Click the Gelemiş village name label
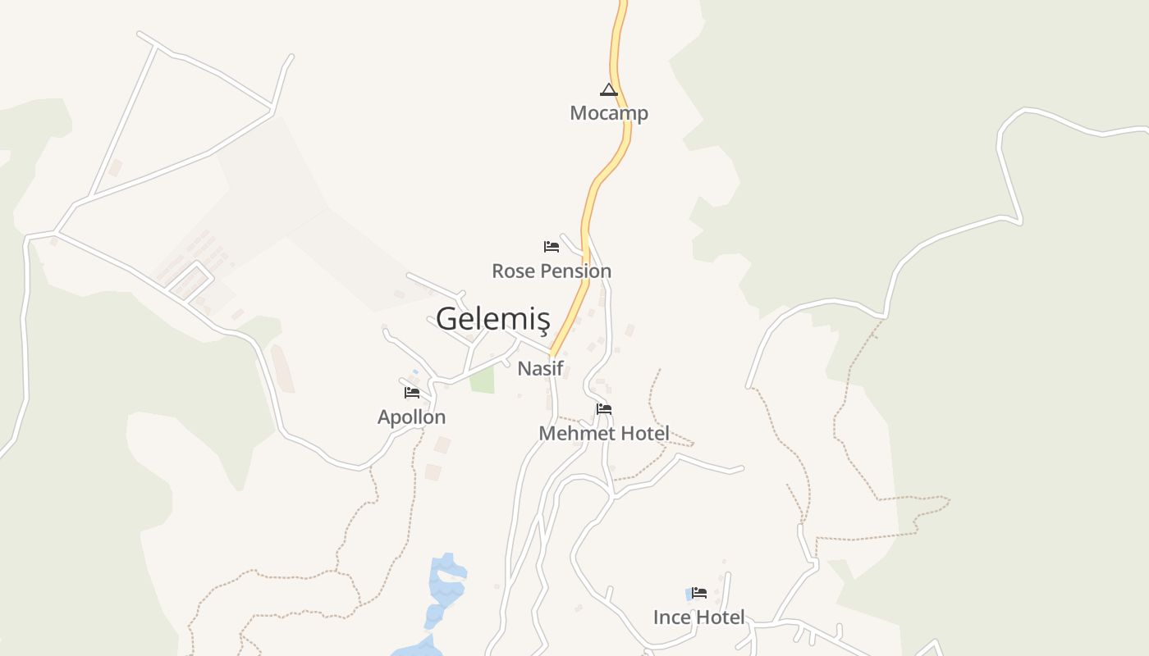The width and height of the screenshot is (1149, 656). click(492, 318)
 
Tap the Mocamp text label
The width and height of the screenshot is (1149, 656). click(609, 113)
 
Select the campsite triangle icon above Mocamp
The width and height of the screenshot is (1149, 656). click(608, 89)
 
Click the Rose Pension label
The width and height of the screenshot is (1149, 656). click(552, 271)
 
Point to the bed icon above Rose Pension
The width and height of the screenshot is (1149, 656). click(552, 246)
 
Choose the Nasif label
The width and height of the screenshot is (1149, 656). click(540, 369)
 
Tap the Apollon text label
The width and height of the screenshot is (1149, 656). click(411, 417)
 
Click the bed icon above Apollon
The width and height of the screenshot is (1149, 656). click(412, 393)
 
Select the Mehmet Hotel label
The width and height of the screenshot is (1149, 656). click(604, 433)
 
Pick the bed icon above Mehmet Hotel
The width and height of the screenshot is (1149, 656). click(604, 408)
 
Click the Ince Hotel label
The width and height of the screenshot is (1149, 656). click(699, 617)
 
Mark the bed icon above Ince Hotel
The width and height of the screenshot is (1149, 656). click(699, 592)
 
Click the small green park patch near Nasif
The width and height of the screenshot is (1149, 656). click(483, 380)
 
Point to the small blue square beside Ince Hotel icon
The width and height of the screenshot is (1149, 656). click(689, 594)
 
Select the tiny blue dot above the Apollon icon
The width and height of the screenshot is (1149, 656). click(415, 372)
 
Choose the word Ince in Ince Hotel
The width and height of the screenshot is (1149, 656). click(671, 617)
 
